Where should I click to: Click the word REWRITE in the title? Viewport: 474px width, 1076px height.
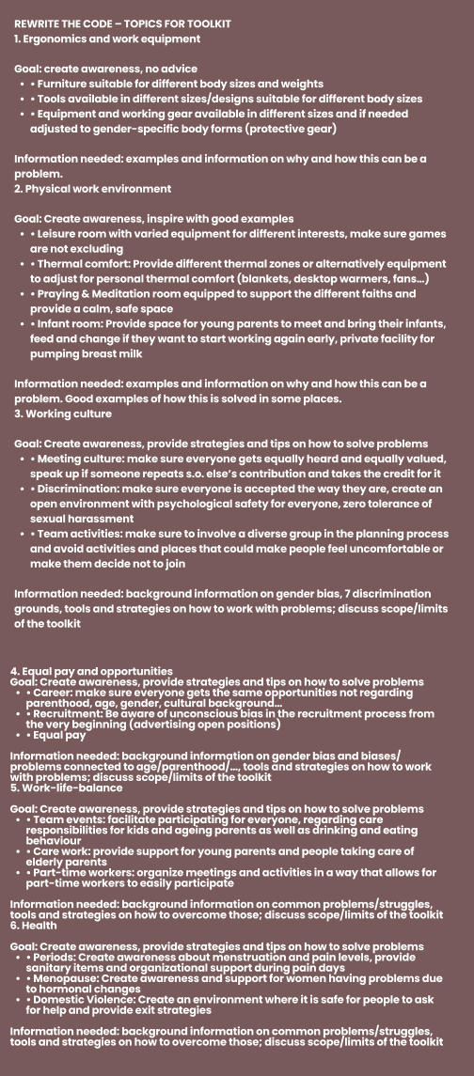[39, 23]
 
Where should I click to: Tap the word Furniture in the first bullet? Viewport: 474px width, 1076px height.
[65, 84]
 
